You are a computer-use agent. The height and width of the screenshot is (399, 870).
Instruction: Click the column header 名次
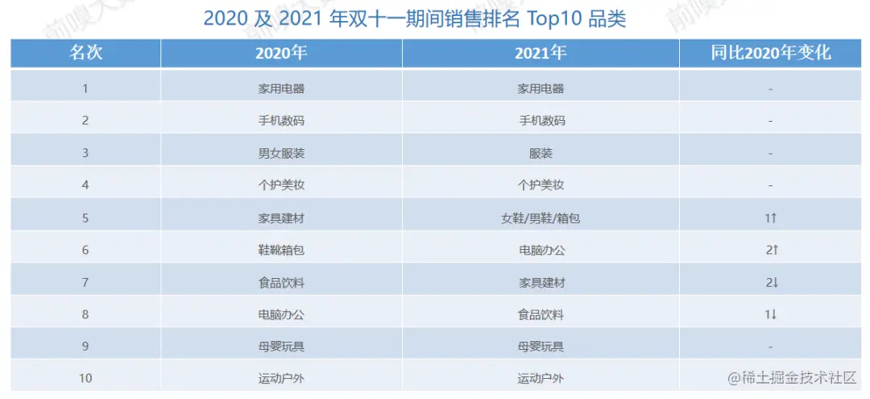tap(85, 54)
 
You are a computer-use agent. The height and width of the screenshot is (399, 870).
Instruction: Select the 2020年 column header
tap(281, 54)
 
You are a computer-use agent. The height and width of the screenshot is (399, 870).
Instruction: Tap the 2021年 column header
tap(541, 54)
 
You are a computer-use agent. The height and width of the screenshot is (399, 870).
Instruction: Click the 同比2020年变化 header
tap(771, 54)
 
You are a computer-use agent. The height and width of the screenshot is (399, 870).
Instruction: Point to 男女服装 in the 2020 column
tap(281, 153)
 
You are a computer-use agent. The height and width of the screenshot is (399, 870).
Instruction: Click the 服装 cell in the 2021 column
tap(541, 153)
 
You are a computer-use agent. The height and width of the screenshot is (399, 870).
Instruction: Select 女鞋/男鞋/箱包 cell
tap(541, 218)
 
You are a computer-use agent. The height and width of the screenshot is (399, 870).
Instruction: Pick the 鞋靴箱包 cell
tap(281, 250)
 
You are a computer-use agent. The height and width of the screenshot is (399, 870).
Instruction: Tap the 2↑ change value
tap(771, 250)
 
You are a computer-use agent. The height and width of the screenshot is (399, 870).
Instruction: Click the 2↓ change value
tap(771, 282)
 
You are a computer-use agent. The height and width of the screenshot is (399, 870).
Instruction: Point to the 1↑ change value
tap(771, 218)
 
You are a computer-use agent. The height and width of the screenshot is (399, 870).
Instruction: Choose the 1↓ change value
tap(771, 314)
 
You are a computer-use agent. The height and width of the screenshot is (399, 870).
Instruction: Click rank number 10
tap(85, 379)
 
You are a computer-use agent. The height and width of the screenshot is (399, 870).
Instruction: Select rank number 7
tap(85, 282)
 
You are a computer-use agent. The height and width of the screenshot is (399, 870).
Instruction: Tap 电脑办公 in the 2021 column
tap(541, 250)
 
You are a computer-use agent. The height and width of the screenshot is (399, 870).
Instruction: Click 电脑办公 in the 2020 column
tap(281, 314)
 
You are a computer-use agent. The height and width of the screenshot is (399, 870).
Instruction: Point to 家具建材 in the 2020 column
tap(281, 218)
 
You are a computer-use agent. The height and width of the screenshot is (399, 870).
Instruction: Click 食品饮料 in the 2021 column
tap(541, 314)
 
